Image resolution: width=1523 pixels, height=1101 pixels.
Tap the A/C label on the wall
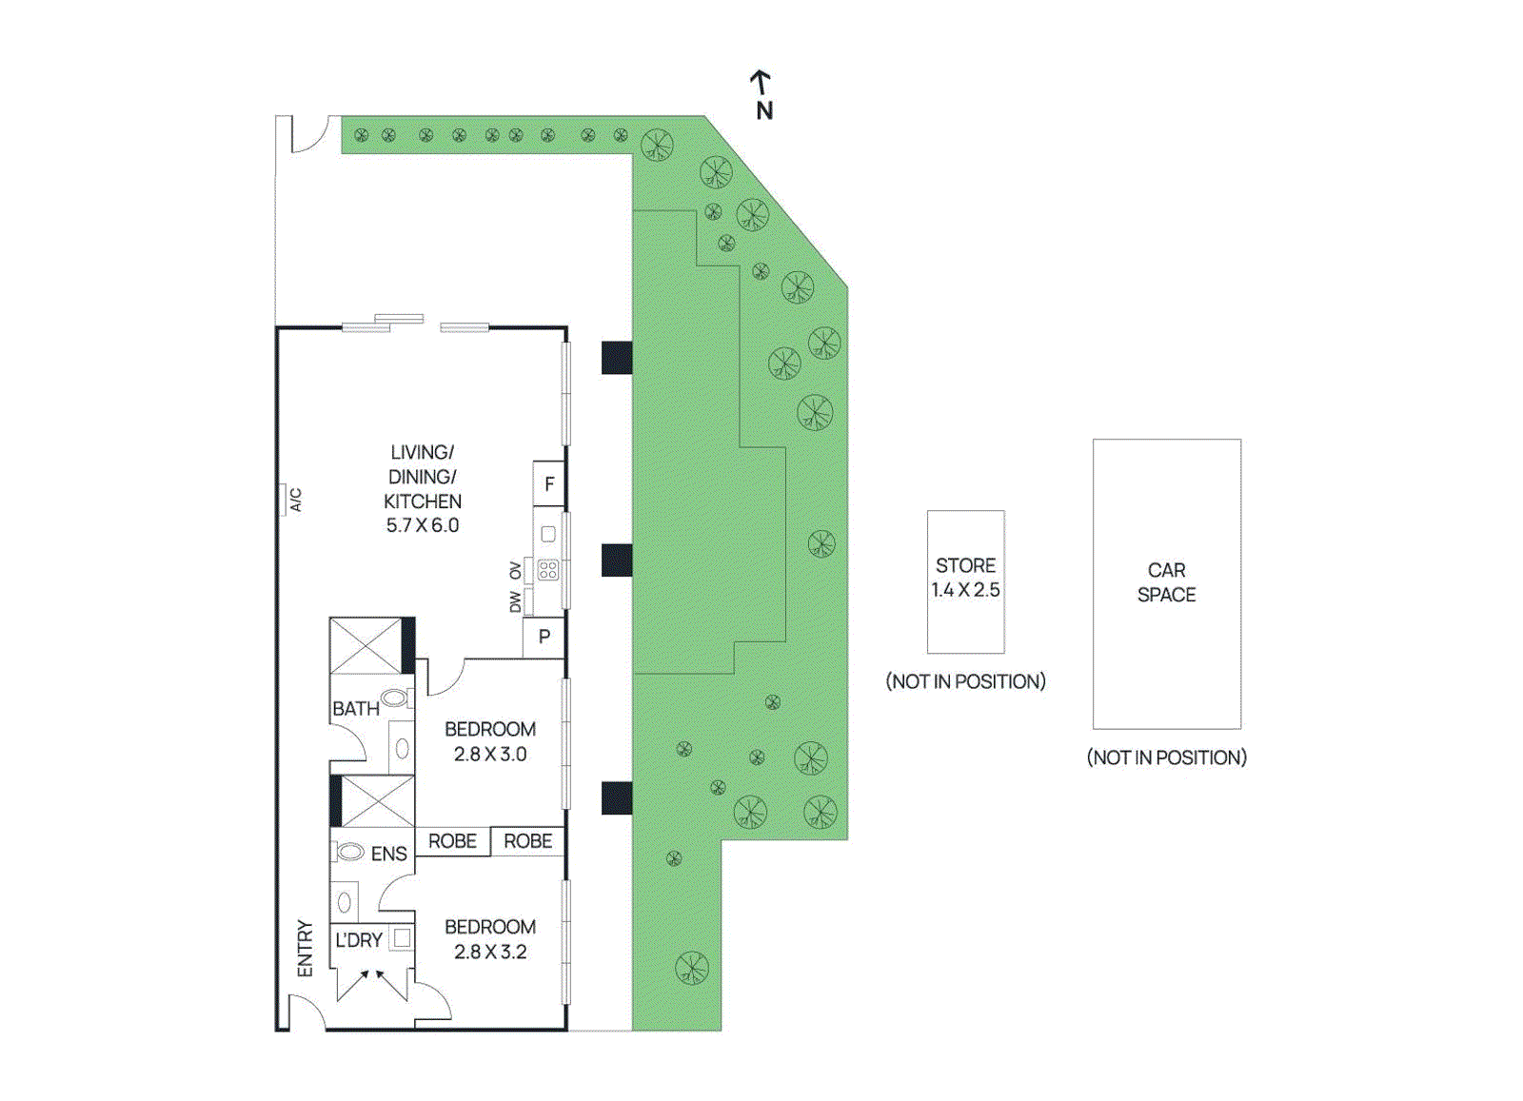[295, 500]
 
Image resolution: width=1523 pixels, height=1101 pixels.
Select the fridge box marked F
[548, 484]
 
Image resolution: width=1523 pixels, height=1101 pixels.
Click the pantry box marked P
[544, 637]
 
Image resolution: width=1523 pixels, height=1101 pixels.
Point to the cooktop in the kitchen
[548, 570]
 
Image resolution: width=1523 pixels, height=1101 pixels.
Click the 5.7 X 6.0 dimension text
[423, 525]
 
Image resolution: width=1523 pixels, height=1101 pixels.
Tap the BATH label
[355, 709]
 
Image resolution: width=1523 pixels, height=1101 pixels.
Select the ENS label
[388, 854]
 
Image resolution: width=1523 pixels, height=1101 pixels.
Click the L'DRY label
[359, 940]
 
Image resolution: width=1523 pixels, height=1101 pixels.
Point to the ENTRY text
[305, 948]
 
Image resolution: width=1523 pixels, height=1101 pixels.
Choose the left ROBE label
[452, 841]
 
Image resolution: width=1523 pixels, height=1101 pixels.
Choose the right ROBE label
[528, 841]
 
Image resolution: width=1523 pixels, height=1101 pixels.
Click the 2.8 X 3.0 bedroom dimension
[490, 755]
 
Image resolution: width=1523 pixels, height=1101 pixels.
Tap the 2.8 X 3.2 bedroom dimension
[490, 952]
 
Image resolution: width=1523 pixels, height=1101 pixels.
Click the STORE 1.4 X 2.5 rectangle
[965, 580]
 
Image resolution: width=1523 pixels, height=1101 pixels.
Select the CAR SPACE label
[1166, 582]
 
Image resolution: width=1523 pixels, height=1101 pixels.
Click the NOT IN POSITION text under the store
[965, 681]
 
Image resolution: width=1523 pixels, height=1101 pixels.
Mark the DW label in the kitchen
[515, 602]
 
